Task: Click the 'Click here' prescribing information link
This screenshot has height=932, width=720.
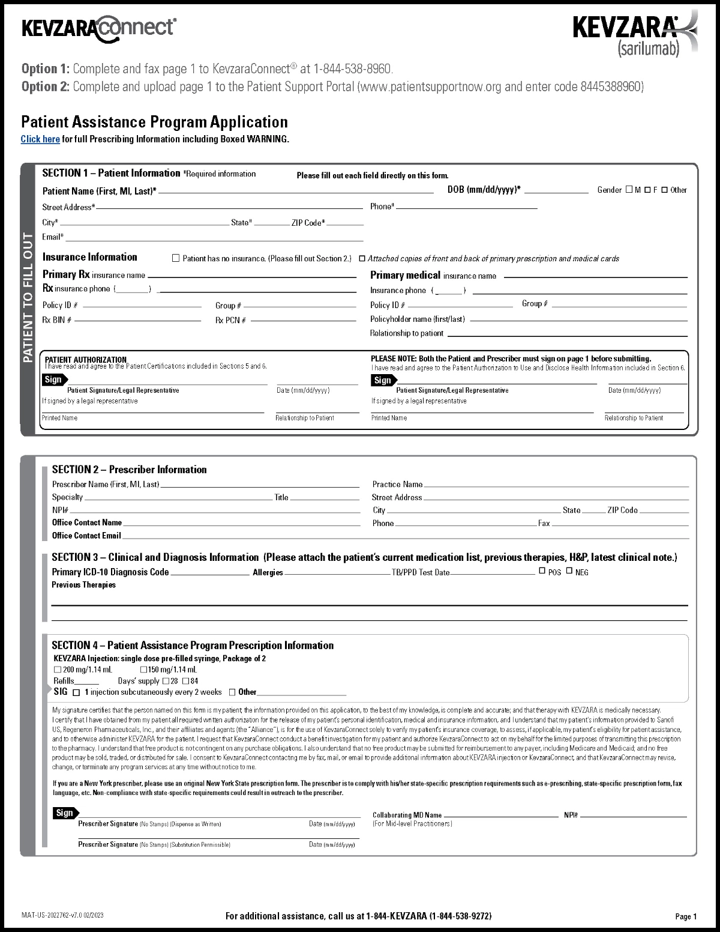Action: coord(40,139)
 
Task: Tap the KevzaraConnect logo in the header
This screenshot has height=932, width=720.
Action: coord(99,28)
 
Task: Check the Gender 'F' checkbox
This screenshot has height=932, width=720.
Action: coord(647,190)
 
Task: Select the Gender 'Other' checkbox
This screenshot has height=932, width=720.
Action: coord(664,190)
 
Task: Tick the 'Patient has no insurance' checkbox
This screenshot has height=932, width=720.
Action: coord(176,258)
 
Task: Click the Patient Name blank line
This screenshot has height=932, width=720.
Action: coord(295,191)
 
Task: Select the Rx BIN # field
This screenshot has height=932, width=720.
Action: coord(137,320)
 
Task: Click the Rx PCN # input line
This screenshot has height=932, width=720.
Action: coord(303,320)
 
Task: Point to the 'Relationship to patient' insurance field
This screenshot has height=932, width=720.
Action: coord(567,333)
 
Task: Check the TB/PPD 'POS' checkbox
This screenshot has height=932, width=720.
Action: coord(542,571)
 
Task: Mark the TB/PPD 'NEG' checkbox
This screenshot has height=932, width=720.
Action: coord(569,571)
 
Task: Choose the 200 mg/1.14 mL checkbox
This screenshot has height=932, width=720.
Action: coord(58,670)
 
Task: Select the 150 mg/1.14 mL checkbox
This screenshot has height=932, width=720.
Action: coord(144,670)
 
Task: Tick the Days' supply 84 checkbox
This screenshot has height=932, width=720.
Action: coord(185,681)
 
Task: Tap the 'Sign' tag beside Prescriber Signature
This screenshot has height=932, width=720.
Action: coord(65,813)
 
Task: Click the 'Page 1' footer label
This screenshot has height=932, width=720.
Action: coord(686,916)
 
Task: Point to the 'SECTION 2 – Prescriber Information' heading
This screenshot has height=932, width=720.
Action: coord(129,470)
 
